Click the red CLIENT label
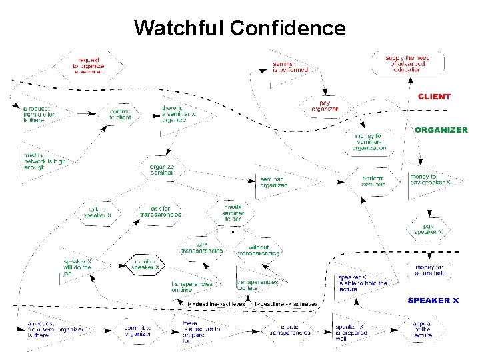(434, 97)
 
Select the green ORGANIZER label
(441, 130)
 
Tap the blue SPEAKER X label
(433, 301)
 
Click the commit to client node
(121, 114)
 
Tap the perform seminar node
(373, 181)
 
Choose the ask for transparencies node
(161, 211)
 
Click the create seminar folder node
(233, 211)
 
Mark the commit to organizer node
(139, 331)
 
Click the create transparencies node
(290, 329)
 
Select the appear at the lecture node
(423, 329)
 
